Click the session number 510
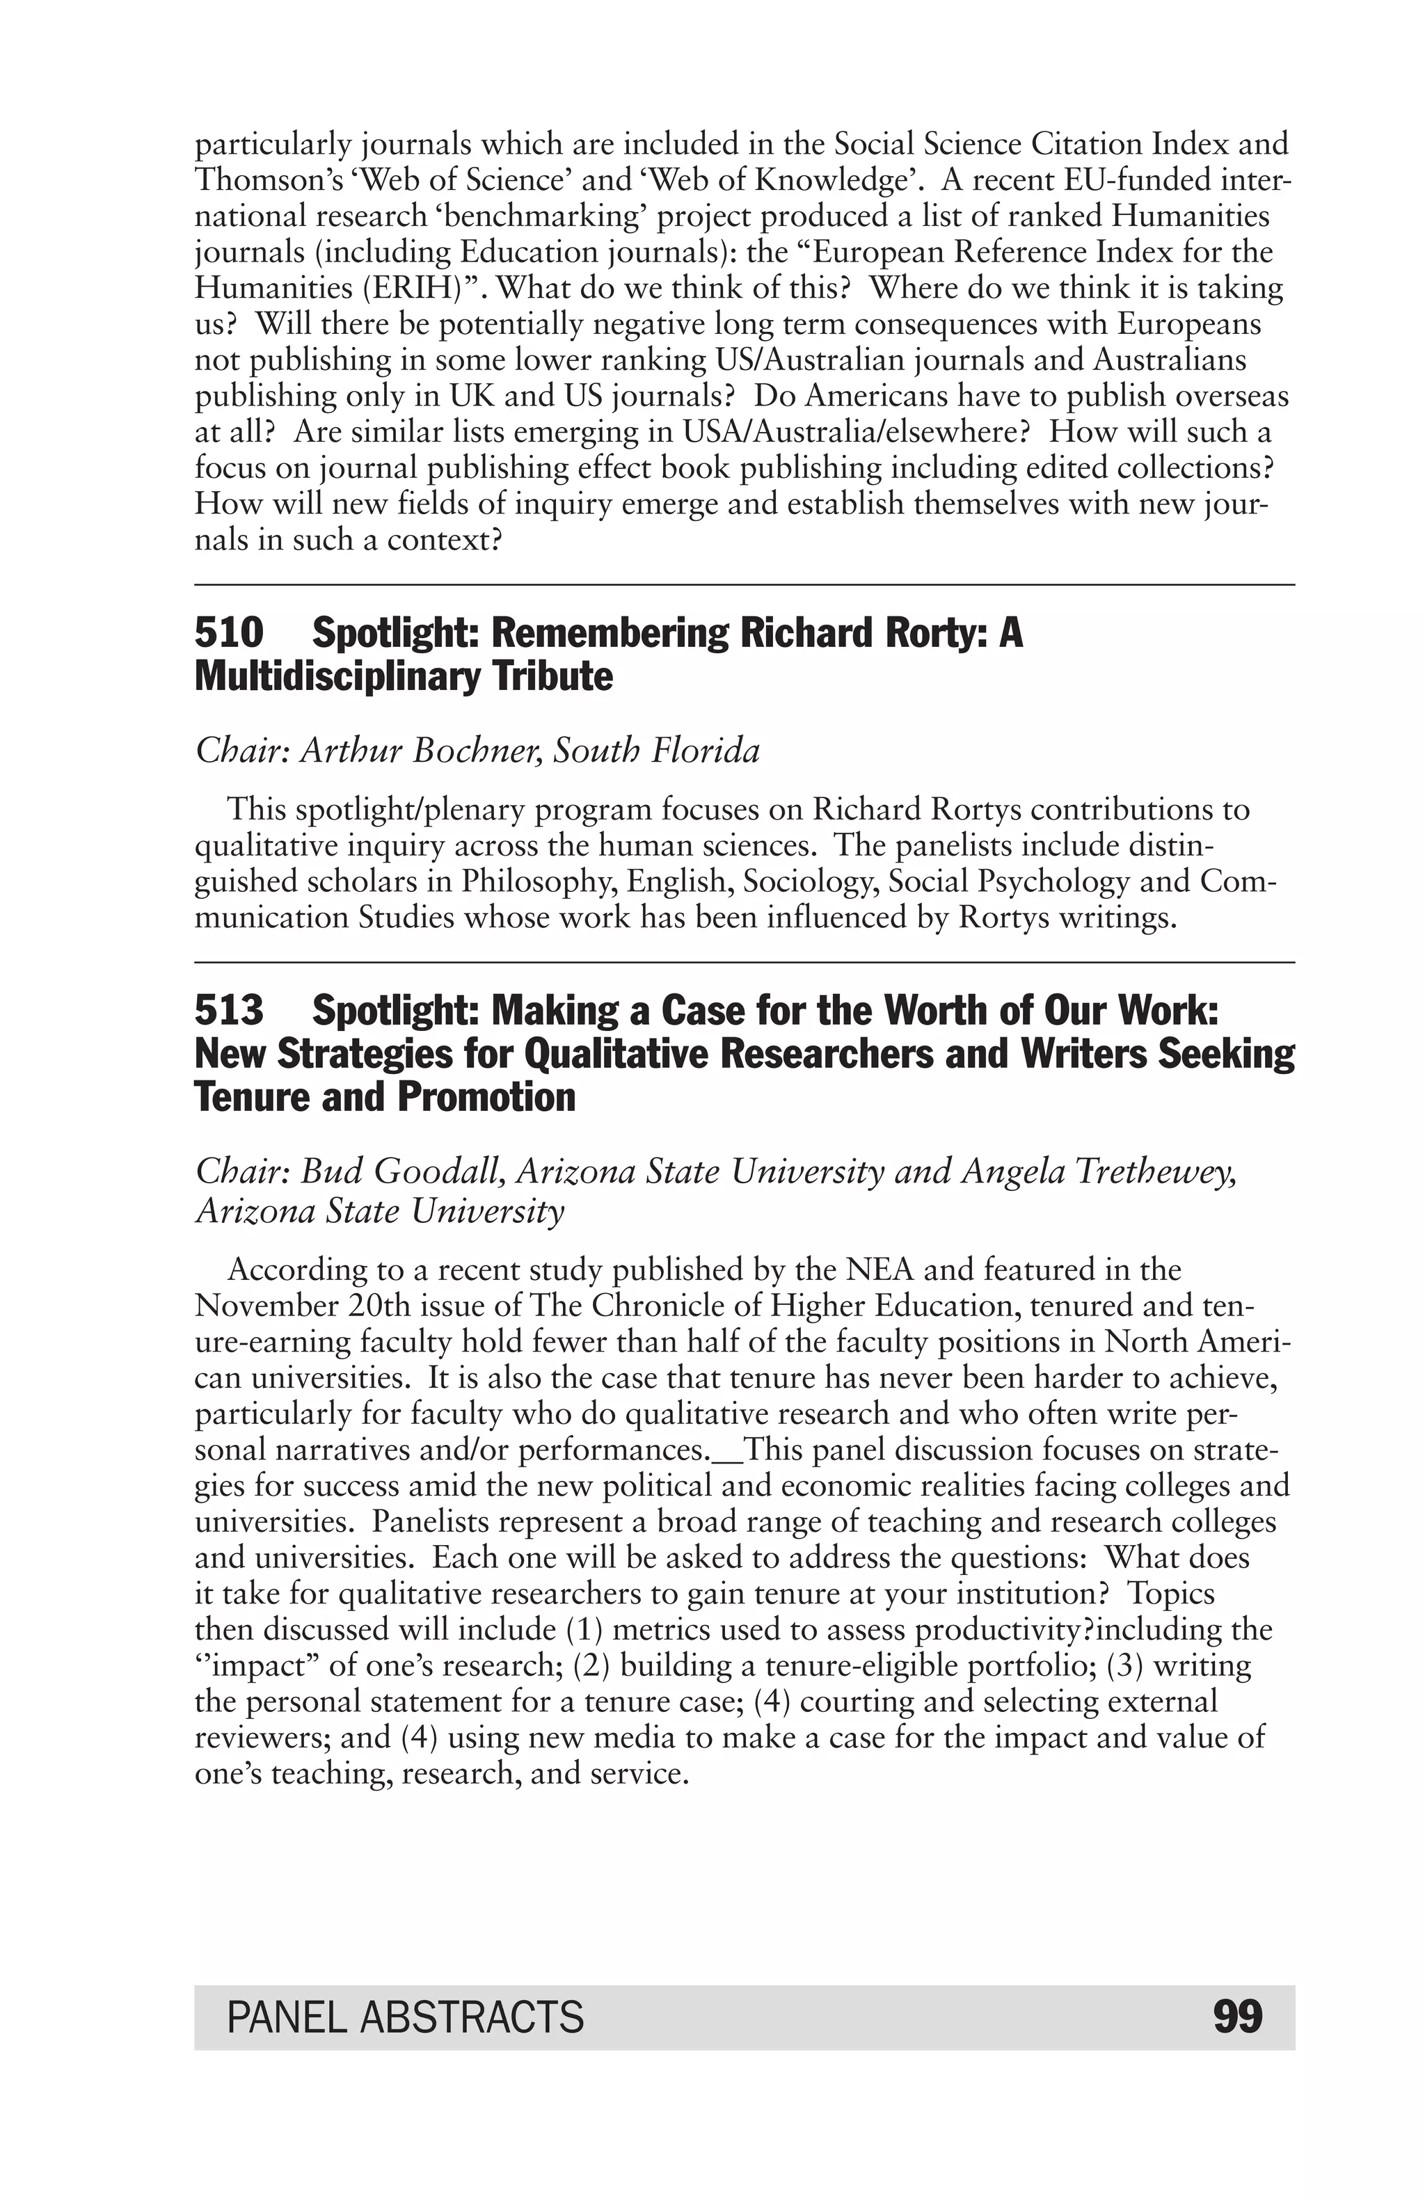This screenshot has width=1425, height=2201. coord(228,634)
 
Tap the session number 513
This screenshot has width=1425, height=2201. coord(228,1011)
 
